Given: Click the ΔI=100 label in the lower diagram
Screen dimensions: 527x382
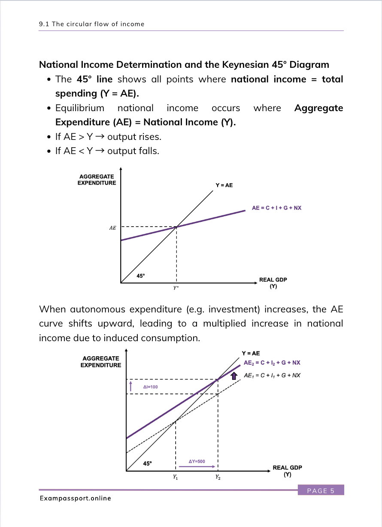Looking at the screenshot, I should [x=150, y=387].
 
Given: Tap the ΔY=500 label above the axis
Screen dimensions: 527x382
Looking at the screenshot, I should [x=197, y=461].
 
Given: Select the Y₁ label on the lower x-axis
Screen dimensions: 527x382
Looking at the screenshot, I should [x=176, y=477].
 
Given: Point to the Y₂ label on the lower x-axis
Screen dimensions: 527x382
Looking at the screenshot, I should [x=218, y=477].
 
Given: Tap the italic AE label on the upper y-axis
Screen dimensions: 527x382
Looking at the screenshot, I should [x=112, y=228].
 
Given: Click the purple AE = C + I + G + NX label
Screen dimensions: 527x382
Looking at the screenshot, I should [x=276, y=208].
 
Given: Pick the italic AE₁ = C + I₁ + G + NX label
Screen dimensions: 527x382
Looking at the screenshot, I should [x=272, y=376].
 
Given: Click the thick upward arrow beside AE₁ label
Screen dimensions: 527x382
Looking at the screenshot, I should [x=234, y=376].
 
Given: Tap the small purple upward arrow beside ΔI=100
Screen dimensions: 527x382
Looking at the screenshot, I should [x=131, y=386].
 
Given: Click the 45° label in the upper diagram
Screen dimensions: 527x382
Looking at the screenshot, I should [x=141, y=276].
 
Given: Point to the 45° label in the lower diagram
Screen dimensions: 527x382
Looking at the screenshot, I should [x=147, y=463].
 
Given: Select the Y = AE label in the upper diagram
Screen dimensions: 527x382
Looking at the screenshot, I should [x=224, y=185].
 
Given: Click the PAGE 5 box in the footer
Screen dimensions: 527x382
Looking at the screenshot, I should [x=321, y=491].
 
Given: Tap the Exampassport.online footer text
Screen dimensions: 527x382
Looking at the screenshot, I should [x=75, y=498].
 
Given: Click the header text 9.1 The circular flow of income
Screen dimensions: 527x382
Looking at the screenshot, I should [x=91, y=24].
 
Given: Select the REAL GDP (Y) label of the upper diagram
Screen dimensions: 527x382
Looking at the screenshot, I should [x=273, y=283].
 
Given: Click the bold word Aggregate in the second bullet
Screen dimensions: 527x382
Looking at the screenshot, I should [x=318, y=108].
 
